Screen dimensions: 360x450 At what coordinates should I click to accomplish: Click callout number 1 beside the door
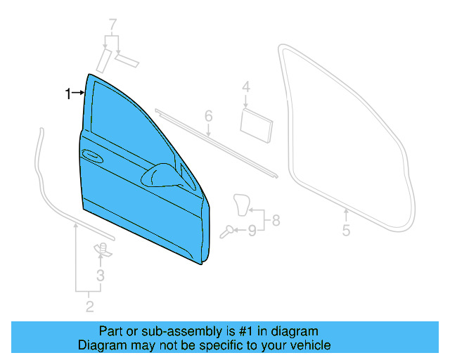[68, 94]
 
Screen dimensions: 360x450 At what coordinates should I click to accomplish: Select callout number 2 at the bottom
[89, 306]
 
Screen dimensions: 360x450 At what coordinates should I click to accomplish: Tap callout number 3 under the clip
[101, 276]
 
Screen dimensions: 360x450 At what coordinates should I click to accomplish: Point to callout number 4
[246, 87]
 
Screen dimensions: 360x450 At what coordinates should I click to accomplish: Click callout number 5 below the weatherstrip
[346, 231]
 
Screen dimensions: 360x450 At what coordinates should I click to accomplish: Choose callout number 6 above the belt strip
[208, 115]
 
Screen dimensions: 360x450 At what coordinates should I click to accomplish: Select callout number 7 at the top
[112, 27]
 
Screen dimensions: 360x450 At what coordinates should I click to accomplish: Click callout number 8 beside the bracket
[276, 220]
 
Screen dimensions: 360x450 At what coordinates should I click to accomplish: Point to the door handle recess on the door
[91, 154]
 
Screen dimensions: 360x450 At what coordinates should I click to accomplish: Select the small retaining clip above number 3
[101, 248]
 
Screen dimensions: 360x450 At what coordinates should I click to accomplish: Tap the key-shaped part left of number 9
[227, 230]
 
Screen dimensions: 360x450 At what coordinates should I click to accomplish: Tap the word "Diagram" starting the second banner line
[101, 345]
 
